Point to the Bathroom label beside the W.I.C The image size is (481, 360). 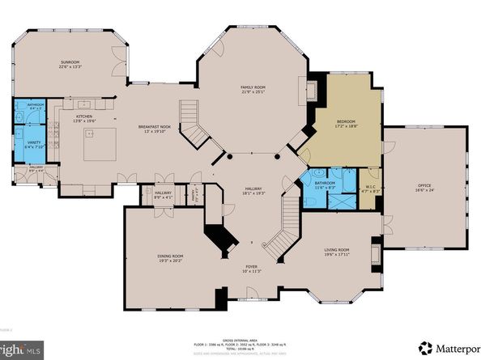[x=325, y=184]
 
